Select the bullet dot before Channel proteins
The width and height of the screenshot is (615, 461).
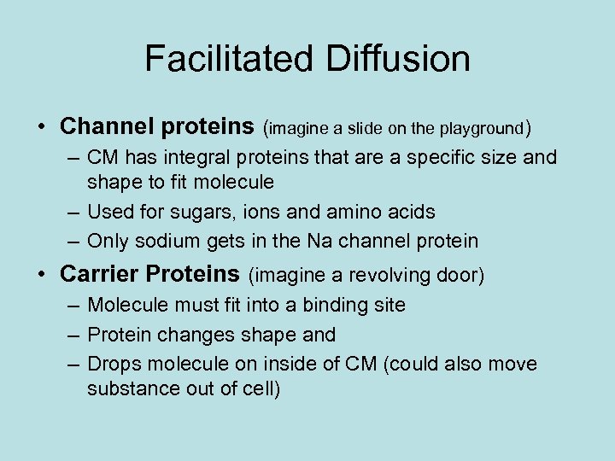point(42,128)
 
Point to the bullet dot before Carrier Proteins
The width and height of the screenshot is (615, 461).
point(42,275)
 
